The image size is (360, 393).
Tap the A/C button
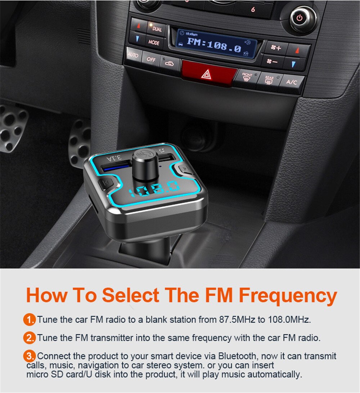click(x=292, y=82)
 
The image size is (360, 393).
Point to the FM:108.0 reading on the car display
click(x=214, y=45)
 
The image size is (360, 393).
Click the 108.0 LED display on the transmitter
click(x=154, y=188)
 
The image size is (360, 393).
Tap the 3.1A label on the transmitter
click(x=114, y=158)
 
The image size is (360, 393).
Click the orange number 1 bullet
click(x=29, y=320)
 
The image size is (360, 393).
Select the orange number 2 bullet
click(x=29, y=338)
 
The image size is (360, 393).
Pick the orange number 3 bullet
click(x=29, y=356)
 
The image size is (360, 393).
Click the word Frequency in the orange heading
click(x=288, y=296)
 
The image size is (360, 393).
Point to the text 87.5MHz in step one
click(x=237, y=320)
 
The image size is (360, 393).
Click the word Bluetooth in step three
click(x=237, y=356)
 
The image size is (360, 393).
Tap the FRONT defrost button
click(x=247, y=77)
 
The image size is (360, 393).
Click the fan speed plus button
click(x=276, y=48)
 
